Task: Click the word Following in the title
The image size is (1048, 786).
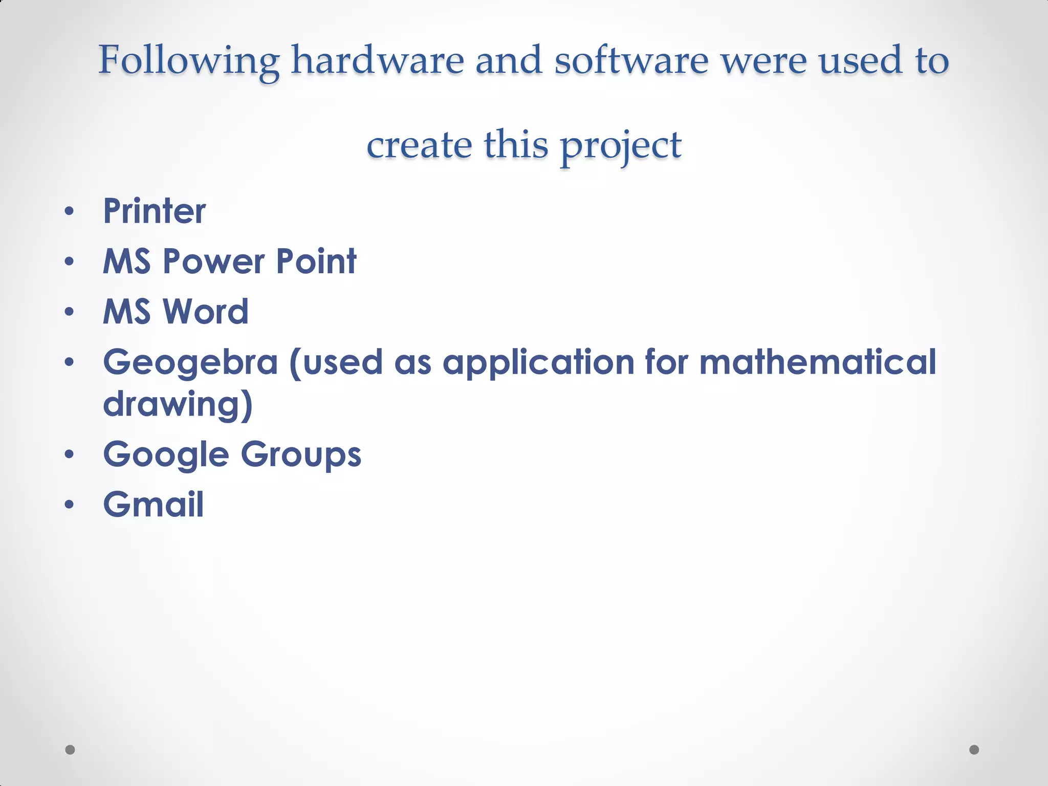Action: pos(189,61)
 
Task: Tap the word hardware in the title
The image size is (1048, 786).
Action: pos(378,60)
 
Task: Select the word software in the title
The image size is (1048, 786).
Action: pos(631,60)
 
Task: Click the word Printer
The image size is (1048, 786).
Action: pos(155,211)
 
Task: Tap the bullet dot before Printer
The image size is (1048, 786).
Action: pos(70,211)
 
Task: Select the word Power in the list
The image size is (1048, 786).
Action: pos(213,261)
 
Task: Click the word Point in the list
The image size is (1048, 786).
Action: pos(316,261)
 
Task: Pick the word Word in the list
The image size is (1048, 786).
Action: pos(205,312)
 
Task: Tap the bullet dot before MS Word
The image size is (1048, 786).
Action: pos(70,312)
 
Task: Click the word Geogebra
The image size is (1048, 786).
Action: pos(190,362)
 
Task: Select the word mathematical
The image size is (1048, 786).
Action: pos(817,362)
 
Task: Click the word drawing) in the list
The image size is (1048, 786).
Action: pos(178,404)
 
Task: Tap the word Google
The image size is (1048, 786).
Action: pos(166,455)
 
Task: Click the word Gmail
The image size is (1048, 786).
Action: pos(154,505)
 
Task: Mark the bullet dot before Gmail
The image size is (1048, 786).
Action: pos(70,505)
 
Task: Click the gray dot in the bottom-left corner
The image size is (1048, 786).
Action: pos(70,750)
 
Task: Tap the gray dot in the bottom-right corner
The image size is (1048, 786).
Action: pos(974,750)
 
